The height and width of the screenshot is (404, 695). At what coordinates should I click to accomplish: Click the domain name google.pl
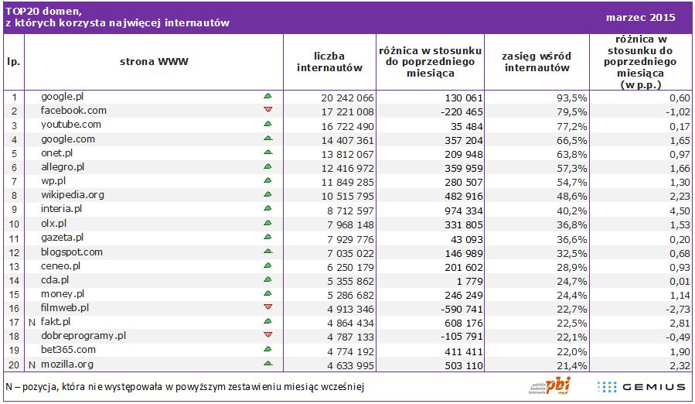62,97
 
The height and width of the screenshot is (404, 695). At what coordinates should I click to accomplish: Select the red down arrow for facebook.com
268,110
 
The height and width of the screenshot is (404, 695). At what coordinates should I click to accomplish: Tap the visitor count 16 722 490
347,125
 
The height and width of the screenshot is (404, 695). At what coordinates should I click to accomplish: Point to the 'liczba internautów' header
329,61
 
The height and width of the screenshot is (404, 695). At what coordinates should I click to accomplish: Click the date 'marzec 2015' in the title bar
641,17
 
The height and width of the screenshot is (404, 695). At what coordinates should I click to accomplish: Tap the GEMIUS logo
642,386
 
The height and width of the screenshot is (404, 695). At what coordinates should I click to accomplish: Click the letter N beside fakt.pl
32,322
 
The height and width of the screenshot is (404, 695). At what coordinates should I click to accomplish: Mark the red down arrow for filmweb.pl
268,307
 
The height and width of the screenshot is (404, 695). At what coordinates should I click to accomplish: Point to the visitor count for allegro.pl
347,167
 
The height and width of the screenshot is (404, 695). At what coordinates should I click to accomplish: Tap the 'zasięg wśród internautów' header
537,61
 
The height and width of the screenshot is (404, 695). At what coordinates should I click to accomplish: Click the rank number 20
13,365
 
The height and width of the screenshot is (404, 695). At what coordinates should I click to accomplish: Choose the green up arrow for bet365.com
268,350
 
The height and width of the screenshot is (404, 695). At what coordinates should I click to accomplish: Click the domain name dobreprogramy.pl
83,336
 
